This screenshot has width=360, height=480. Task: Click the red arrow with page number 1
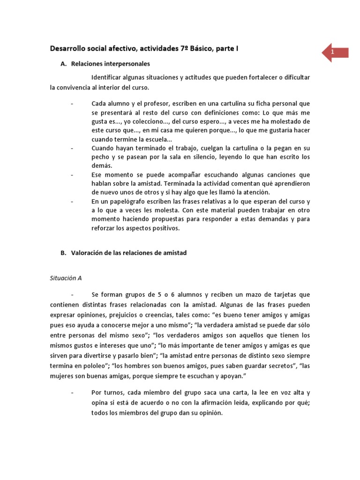click(335, 52)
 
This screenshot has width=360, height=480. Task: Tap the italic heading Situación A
click(66, 277)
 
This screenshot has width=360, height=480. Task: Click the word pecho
click(100, 157)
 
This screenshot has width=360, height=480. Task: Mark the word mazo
click(255, 294)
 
